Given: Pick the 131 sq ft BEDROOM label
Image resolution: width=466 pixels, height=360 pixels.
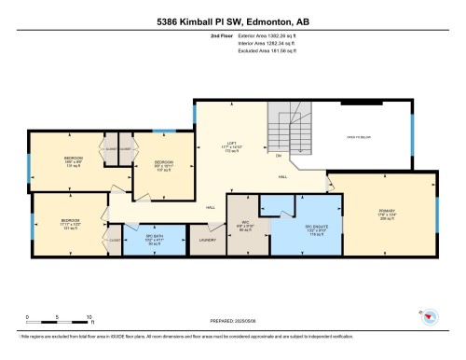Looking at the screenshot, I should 73,160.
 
